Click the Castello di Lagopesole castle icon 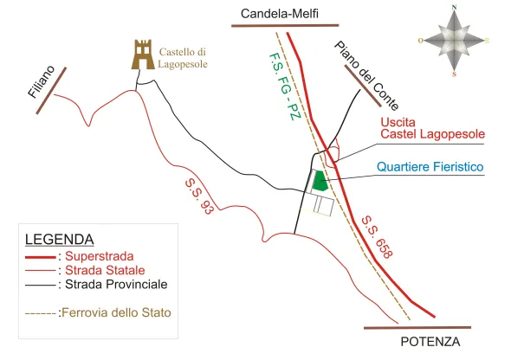[143, 55]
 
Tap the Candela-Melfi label [280, 14]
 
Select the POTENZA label [430, 342]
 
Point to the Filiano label [42, 81]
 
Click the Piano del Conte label [366, 75]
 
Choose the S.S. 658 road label [377, 237]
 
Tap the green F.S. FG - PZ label [284, 87]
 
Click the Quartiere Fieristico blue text [430, 167]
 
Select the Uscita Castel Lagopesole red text [433, 128]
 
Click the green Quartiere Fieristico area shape [320, 181]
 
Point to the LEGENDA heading [60, 240]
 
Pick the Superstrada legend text [100, 256]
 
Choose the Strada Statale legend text [105, 270]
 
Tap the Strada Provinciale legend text [116, 285]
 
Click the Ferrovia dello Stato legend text [116, 312]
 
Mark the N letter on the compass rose [455, 8]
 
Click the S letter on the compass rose [454, 74]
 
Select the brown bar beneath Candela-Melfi [285, 25]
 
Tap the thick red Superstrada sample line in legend [41, 258]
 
